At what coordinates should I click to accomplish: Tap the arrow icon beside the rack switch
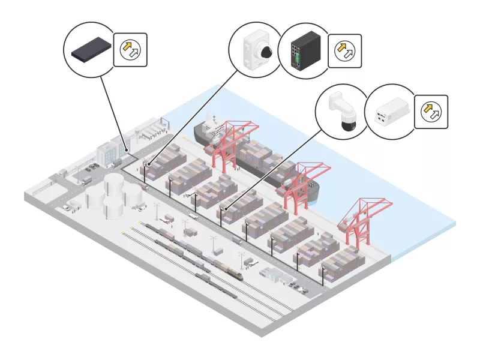tap(130, 50)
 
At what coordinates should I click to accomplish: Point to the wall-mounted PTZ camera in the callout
tap(343, 111)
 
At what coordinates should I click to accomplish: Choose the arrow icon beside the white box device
tap(430, 112)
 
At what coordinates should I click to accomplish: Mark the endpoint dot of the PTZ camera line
tap(226, 209)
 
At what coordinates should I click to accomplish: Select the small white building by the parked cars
tap(275, 275)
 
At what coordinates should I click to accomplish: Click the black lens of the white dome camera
tap(266, 53)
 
